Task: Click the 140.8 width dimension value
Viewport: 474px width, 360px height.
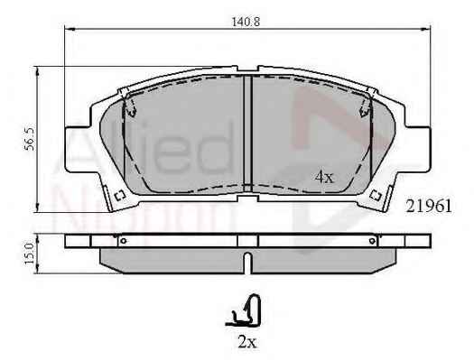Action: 246,22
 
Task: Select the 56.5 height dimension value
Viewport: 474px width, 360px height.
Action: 30,139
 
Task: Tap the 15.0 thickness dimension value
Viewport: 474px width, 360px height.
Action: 30,254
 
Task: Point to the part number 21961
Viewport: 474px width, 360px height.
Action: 429,207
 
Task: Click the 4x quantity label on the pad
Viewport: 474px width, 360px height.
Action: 324,177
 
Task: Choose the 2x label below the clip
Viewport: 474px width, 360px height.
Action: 247,342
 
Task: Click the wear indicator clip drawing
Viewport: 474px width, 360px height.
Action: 244,311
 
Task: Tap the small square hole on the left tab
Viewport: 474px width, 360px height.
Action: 120,196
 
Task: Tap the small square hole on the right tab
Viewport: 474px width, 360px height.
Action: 376,196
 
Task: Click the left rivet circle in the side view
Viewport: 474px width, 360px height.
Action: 123,241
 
